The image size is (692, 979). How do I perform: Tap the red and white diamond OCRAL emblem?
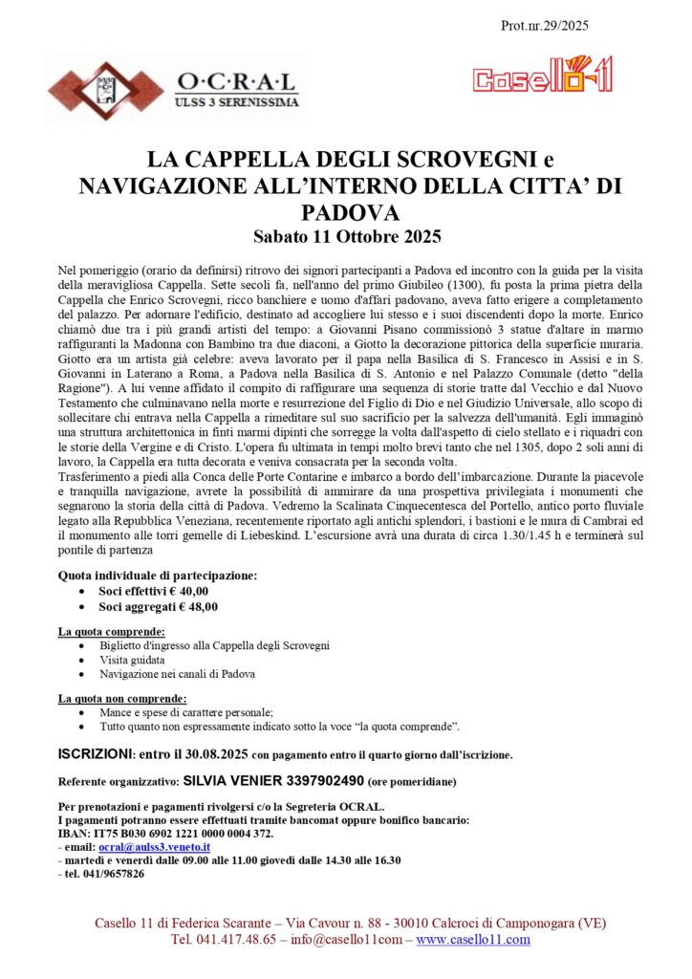coord(94,91)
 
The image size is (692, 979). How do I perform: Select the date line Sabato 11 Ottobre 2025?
coord(345,233)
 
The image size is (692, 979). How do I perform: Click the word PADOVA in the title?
coord(346,210)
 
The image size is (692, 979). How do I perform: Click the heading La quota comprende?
coord(112,632)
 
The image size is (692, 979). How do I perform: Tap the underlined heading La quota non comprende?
coord(122,699)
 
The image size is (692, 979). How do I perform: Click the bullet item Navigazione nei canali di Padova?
coord(177,674)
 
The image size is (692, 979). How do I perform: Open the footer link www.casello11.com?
coord(473,940)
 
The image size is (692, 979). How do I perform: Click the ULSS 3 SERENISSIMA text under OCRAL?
coord(236,100)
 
